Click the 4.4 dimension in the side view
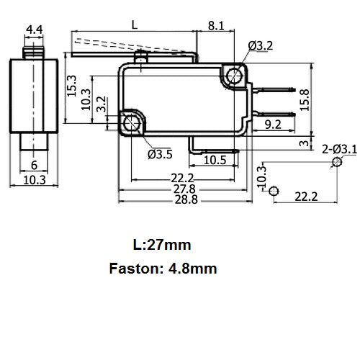click(x=34, y=30)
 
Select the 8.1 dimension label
click(x=216, y=26)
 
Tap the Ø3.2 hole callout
click(x=261, y=45)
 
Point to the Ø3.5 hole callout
click(x=160, y=154)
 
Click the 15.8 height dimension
click(x=305, y=100)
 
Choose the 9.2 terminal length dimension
click(x=273, y=125)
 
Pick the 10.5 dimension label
click(x=215, y=160)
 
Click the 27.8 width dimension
click(x=184, y=189)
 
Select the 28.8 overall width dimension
click(x=186, y=199)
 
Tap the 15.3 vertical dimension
click(x=71, y=86)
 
